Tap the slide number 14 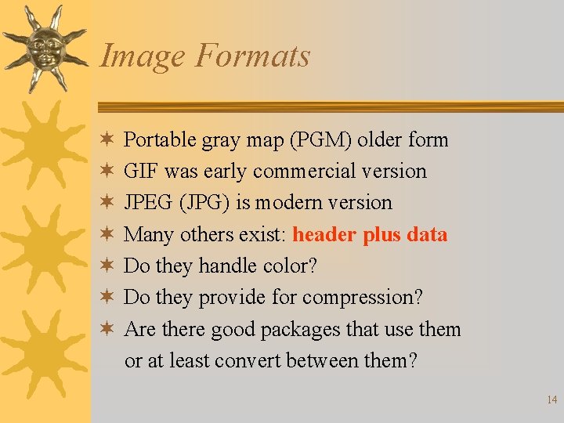pyautogui.click(x=551, y=399)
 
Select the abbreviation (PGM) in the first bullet pyautogui.click(x=322, y=140)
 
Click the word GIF pyautogui.click(x=141, y=172)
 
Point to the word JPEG pyautogui.click(x=148, y=203)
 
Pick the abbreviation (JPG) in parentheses pyautogui.click(x=204, y=203)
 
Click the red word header pyautogui.click(x=326, y=234)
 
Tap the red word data pyautogui.click(x=423, y=234)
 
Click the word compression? pyautogui.click(x=363, y=298)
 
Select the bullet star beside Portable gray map pyautogui.click(x=107, y=139)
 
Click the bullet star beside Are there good pyautogui.click(x=107, y=328)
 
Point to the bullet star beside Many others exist pyautogui.click(x=107, y=233)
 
